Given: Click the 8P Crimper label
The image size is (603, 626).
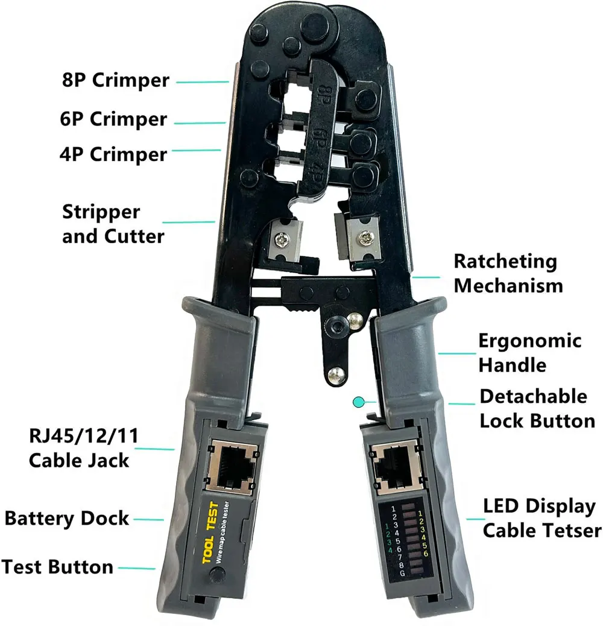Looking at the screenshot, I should pos(115,80).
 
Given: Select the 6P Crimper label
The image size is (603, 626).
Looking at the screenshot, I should pos(113,119).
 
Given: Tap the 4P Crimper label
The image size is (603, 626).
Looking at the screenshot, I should pos(113,154).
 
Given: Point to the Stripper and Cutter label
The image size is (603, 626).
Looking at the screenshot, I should pos(113,224).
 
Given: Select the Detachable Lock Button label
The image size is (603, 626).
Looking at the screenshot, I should pos(537,408).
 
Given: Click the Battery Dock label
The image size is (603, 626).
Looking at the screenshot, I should pos(67,518).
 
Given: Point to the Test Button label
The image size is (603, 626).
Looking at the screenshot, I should pos(57,567).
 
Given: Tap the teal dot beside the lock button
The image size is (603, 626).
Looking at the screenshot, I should pos(359,401).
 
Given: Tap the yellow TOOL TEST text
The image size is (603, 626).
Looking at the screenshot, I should pos(207,541).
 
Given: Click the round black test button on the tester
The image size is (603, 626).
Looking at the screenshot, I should pos(214,578).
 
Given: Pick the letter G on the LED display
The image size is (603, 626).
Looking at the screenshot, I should pos(402,572).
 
